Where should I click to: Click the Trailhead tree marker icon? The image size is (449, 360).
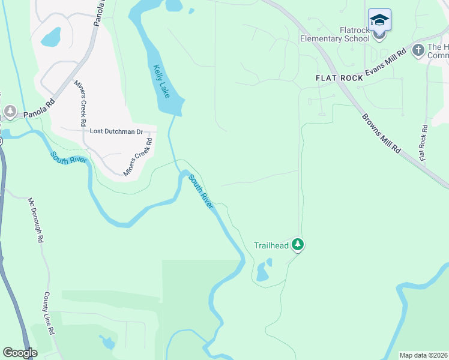click(x=297, y=245)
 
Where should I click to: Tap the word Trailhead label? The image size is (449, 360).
click(x=271, y=245)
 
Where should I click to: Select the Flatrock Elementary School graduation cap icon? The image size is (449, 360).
click(x=379, y=22)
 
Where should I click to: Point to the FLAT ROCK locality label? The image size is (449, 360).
click(x=340, y=78)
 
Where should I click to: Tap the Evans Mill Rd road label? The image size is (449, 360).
click(x=386, y=62)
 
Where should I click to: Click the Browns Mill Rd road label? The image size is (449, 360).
click(x=381, y=133)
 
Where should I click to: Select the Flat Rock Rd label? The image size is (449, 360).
click(x=424, y=142)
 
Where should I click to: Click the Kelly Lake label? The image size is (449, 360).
click(x=163, y=82)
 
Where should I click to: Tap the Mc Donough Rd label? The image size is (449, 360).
click(x=34, y=220)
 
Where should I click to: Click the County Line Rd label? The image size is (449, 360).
click(x=49, y=314)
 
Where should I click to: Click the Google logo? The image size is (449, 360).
click(x=19, y=353)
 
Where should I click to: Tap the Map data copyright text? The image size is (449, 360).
click(x=424, y=355)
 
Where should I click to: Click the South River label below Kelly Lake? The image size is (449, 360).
click(x=201, y=191)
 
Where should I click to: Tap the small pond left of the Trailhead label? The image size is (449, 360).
click(x=262, y=274)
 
